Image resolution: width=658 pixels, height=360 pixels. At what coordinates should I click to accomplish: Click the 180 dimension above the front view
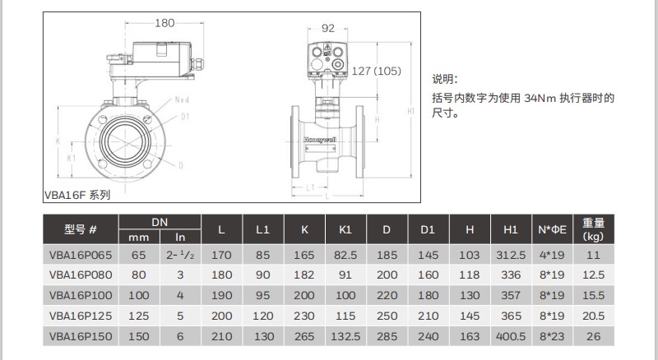[165, 23]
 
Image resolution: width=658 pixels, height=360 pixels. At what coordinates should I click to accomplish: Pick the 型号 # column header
[81, 229]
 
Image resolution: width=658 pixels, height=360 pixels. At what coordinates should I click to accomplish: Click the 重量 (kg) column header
[593, 229]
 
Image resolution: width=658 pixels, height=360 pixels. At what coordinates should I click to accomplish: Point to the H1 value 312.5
[511, 255]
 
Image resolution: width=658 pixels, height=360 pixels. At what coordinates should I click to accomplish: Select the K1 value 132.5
[345, 335]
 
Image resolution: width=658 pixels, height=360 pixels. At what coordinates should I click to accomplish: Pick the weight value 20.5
[593, 315]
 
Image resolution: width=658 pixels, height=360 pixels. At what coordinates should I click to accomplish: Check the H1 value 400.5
[511, 335]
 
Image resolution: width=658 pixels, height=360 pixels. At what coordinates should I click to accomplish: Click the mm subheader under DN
[140, 237]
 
